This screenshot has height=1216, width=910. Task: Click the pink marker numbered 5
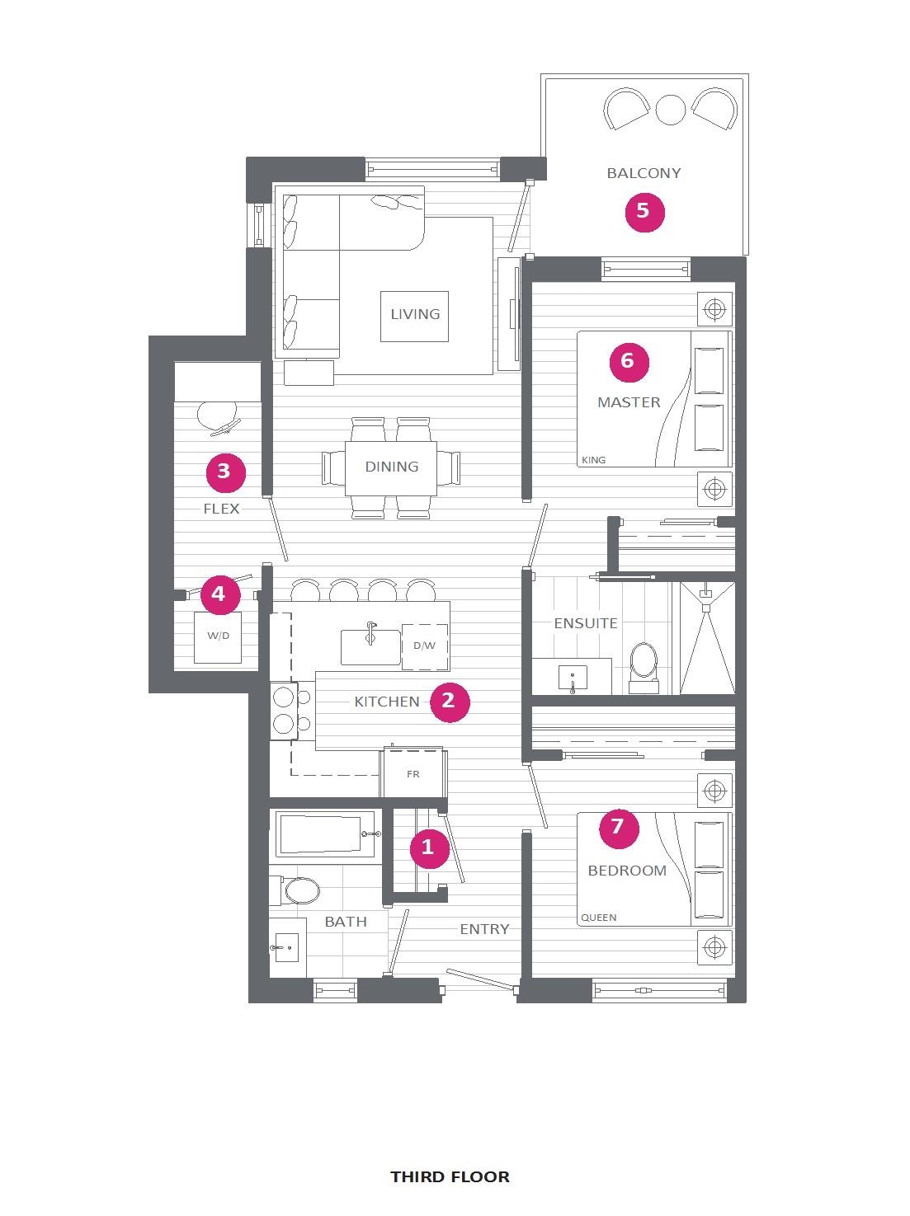[x=644, y=211]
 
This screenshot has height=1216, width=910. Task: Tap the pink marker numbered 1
[x=428, y=847]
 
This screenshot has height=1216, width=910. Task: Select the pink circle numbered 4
[x=219, y=594]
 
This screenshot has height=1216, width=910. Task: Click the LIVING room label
[x=414, y=314]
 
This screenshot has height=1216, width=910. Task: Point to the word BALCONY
[x=644, y=173]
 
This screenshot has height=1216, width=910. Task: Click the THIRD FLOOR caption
[x=450, y=1176]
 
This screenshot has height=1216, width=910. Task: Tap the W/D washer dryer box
[x=218, y=636]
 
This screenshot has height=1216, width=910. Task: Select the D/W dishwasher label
[x=424, y=646]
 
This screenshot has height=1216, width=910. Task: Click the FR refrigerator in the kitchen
[x=413, y=774]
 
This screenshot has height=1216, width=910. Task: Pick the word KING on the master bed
[x=593, y=460]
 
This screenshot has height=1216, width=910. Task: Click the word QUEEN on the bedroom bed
[x=598, y=918]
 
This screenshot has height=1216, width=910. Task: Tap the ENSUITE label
[x=586, y=623]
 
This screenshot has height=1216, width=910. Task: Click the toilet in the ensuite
[x=644, y=664]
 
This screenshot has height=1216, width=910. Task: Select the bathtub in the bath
[x=320, y=834]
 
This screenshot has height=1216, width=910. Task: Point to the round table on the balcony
[x=670, y=109]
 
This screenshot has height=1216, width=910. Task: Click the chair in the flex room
[x=218, y=416]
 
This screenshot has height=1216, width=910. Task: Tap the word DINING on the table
[x=391, y=467]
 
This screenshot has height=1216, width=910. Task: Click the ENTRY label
[x=484, y=929]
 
